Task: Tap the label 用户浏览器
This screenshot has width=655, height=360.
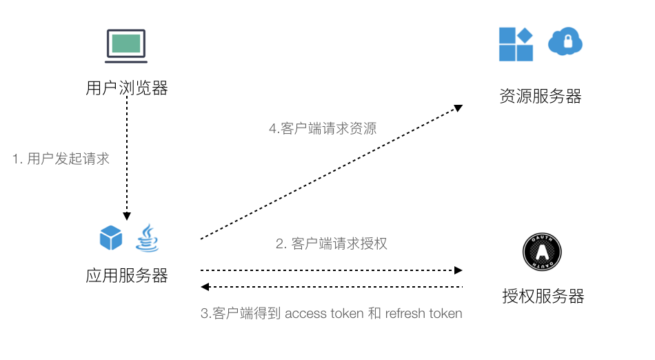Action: [127, 88]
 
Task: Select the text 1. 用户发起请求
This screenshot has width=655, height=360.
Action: [61, 159]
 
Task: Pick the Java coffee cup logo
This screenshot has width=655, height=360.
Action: [147, 238]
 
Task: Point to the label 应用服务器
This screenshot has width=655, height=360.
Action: [127, 276]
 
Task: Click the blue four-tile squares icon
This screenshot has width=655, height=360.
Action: [516, 45]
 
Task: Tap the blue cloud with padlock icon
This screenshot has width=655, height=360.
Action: [565, 43]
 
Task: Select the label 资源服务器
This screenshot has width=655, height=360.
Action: [541, 97]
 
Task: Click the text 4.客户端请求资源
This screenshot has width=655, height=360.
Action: [323, 128]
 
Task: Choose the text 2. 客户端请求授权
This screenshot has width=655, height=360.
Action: [332, 243]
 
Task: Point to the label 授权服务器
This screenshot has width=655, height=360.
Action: [543, 297]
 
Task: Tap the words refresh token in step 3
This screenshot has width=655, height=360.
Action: [424, 314]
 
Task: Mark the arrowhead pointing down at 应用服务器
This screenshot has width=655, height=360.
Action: [127, 214]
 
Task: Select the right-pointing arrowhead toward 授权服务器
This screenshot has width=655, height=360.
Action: [458, 270]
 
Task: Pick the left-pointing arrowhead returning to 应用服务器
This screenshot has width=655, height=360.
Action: [205, 286]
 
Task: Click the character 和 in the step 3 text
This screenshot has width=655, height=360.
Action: [374, 314]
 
